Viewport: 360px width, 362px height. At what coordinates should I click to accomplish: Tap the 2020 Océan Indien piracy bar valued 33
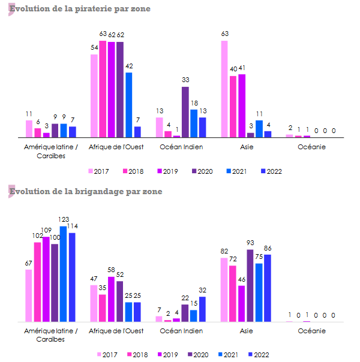[x=185, y=112]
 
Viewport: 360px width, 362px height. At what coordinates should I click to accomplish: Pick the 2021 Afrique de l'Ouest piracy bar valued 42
[x=128, y=105]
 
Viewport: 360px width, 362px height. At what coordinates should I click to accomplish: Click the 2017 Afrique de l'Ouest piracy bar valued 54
[x=94, y=96]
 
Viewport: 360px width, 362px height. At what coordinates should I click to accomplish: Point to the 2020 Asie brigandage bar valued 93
[x=250, y=286]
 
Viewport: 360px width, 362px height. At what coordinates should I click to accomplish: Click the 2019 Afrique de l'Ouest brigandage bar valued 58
[x=111, y=300]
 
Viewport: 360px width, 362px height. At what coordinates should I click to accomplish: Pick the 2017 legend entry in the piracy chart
[x=98, y=171]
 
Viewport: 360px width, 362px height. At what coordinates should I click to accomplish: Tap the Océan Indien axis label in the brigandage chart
[x=181, y=331]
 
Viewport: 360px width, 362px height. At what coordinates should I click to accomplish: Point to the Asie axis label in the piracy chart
[x=246, y=147]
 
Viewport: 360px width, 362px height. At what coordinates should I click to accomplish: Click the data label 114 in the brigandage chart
[x=72, y=226]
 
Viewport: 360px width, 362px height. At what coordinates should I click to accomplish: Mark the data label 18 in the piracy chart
[x=194, y=103]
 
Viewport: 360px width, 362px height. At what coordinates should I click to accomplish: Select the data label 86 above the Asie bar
[x=268, y=248]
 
